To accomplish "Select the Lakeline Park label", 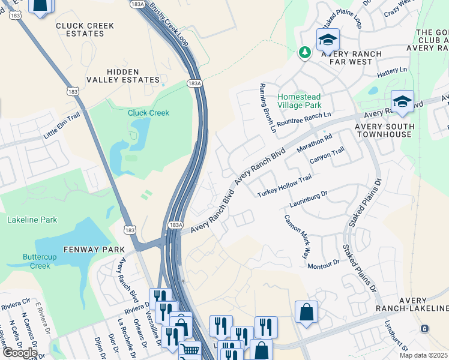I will click(32, 220).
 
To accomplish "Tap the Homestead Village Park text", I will click(299, 101).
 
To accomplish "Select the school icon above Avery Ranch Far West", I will click(328, 40).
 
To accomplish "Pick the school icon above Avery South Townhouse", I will click(402, 101).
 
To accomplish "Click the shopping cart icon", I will click(190, 350).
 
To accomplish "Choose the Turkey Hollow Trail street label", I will click(285, 187).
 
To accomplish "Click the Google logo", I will click(20, 353).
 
